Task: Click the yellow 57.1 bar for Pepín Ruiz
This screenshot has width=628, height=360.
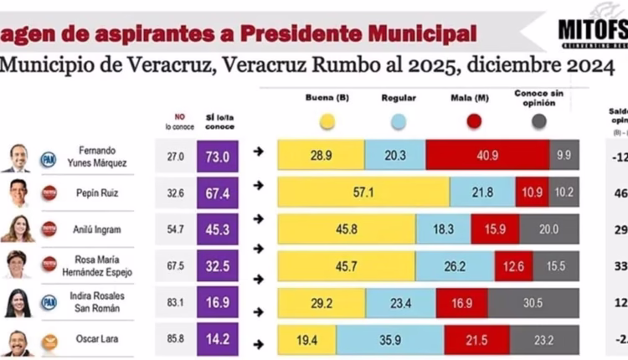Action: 363,192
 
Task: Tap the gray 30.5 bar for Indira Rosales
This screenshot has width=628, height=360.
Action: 533,302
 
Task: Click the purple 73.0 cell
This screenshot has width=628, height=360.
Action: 218,156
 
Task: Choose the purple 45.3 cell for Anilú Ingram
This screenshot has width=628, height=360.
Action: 218,229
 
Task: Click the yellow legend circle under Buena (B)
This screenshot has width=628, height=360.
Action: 327,121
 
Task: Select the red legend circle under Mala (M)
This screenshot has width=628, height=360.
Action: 474,121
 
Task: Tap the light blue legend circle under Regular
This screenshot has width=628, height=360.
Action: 398,121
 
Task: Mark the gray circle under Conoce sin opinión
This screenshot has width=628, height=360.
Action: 539,121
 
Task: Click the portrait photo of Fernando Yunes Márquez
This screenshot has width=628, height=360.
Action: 19,157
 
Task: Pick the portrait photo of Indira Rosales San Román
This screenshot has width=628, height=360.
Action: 18,303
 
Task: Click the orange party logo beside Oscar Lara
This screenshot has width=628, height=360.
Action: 49,341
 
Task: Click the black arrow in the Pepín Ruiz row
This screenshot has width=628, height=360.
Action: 259,188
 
